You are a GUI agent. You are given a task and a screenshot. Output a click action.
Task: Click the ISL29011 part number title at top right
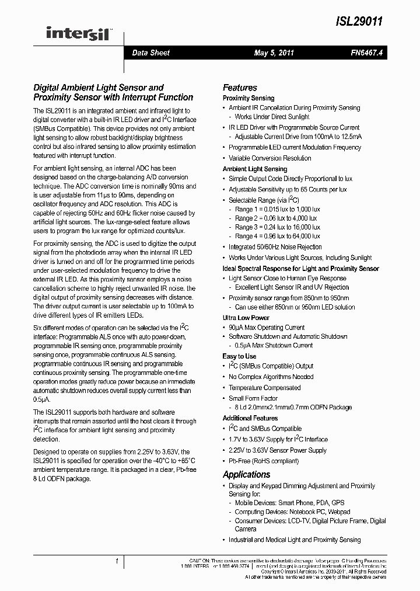click(359, 21)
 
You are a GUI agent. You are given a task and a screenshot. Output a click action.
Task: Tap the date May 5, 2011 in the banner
click(274, 53)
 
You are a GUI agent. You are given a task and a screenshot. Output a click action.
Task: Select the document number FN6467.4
click(365, 53)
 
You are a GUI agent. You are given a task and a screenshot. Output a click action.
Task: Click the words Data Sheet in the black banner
click(150, 53)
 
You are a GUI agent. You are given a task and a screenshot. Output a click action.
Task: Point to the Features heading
click(240, 88)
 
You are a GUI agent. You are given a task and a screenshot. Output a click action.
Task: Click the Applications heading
click(246, 474)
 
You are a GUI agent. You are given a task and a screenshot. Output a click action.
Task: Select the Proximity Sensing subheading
click(249, 98)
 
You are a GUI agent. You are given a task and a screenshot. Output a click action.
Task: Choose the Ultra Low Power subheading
click(246, 318)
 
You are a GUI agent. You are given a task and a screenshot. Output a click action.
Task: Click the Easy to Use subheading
click(239, 356)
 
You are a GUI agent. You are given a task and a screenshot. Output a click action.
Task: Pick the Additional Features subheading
click(250, 418)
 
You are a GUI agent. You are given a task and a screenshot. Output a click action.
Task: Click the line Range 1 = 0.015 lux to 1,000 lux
click(277, 209)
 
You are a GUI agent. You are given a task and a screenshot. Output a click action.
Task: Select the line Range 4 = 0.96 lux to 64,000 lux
click(278, 237)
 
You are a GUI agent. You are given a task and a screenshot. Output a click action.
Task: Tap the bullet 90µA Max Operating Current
click(267, 328)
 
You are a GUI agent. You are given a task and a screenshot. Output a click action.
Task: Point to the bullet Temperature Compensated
click(265, 388)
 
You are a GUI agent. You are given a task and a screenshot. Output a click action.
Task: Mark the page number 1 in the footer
click(117, 562)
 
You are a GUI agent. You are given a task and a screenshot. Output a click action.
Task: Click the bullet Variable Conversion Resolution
click(269, 158)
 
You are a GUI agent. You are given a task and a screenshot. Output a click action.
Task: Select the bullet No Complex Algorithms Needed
click(271, 377)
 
